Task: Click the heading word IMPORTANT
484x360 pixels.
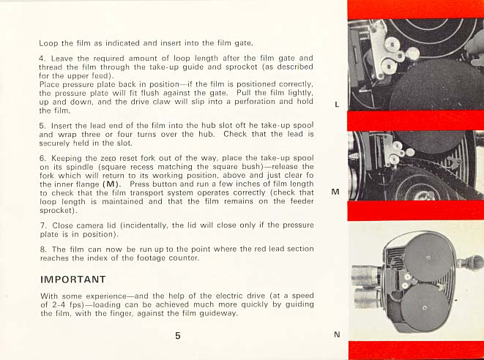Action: point(72,280)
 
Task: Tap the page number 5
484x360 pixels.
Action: point(178,336)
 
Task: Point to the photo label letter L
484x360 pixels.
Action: point(336,105)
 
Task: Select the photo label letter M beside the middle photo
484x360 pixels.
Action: point(335,192)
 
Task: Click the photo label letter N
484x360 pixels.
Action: point(337,334)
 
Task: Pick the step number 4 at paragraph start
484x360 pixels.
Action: point(42,58)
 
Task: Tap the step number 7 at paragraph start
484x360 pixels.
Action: point(42,226)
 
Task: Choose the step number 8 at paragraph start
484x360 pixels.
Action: point(42,250)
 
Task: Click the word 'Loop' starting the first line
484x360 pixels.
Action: point(48,43)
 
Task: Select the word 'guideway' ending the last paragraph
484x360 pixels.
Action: point(216,313)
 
